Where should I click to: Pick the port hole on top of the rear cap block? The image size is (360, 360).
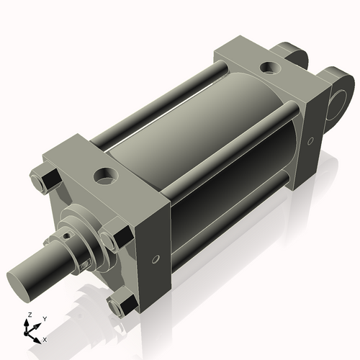[x=270, y=68]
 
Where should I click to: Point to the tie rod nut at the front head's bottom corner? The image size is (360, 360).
[x=120, y=305]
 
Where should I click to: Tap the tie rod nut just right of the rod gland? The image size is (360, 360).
[x=111, y=240]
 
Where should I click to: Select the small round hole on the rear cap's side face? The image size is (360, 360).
[x=310, y=141]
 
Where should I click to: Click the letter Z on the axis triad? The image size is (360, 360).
[x=29, y=315]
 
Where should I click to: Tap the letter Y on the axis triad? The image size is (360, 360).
[x=45, y=318]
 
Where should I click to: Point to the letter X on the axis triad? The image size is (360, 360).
[x=45, y=338]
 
